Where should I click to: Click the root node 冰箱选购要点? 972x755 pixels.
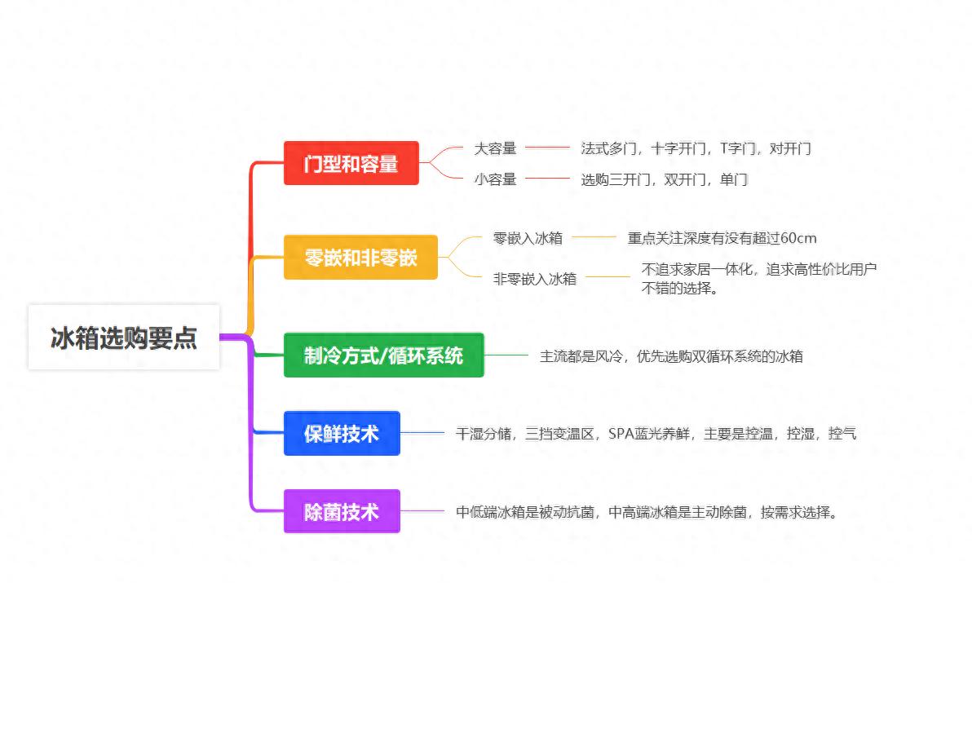point(124,338)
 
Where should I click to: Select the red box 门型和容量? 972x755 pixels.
point(351,163)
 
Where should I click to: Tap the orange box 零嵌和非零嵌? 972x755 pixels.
point(360,258)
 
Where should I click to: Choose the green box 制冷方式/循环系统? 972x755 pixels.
point(383,355)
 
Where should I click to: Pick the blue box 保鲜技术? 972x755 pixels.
point(342,434)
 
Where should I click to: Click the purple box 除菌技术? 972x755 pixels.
point(342,512)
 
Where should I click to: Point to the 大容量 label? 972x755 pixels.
point(496,148)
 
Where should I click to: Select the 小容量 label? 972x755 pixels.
point(496,179)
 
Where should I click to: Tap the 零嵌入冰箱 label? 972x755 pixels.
point(528,238)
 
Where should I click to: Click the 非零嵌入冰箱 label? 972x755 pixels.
point(535,278)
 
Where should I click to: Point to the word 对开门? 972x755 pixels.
point(790,148)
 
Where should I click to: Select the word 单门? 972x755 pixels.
point(734,179)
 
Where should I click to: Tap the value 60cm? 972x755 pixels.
point(798,238)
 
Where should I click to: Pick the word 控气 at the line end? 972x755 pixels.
point(842,434)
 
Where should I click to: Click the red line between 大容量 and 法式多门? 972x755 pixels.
point(547,148)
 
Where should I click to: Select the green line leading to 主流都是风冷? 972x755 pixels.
point(506,355)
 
